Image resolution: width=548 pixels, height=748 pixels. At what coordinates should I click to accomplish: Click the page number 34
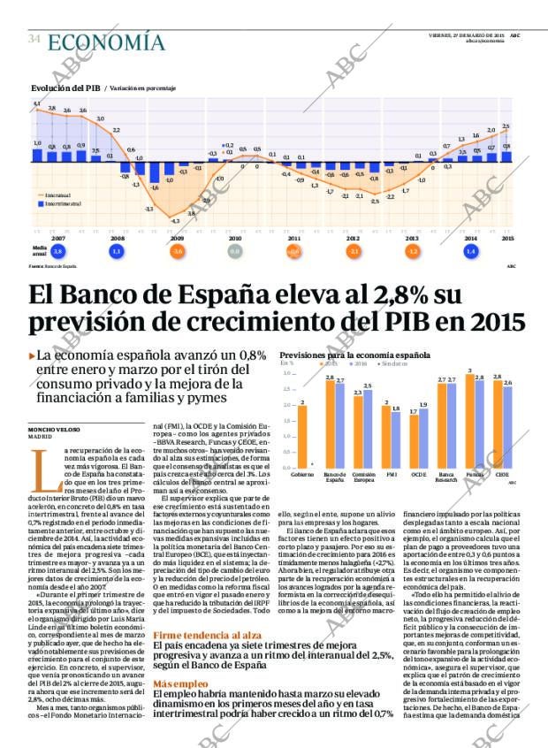click(34, 40)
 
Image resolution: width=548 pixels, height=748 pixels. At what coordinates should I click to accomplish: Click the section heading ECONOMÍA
click(106, 42)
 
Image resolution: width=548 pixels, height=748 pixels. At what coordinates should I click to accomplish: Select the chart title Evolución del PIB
click(65, 88)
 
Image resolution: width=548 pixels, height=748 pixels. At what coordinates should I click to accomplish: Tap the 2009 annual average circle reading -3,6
click(177, 251)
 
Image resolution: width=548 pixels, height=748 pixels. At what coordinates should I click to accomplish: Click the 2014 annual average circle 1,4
click(470, 251)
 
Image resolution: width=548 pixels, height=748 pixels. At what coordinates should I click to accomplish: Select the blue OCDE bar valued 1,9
click(423, 437)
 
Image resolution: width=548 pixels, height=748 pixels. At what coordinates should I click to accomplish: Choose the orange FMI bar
click(385, 435)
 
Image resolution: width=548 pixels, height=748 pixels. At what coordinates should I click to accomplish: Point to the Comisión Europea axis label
click(363, 477)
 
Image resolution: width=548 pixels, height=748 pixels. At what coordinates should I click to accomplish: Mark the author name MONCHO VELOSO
click(56, 430)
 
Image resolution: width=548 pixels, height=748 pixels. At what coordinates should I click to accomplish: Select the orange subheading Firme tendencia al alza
click(207, 635)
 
